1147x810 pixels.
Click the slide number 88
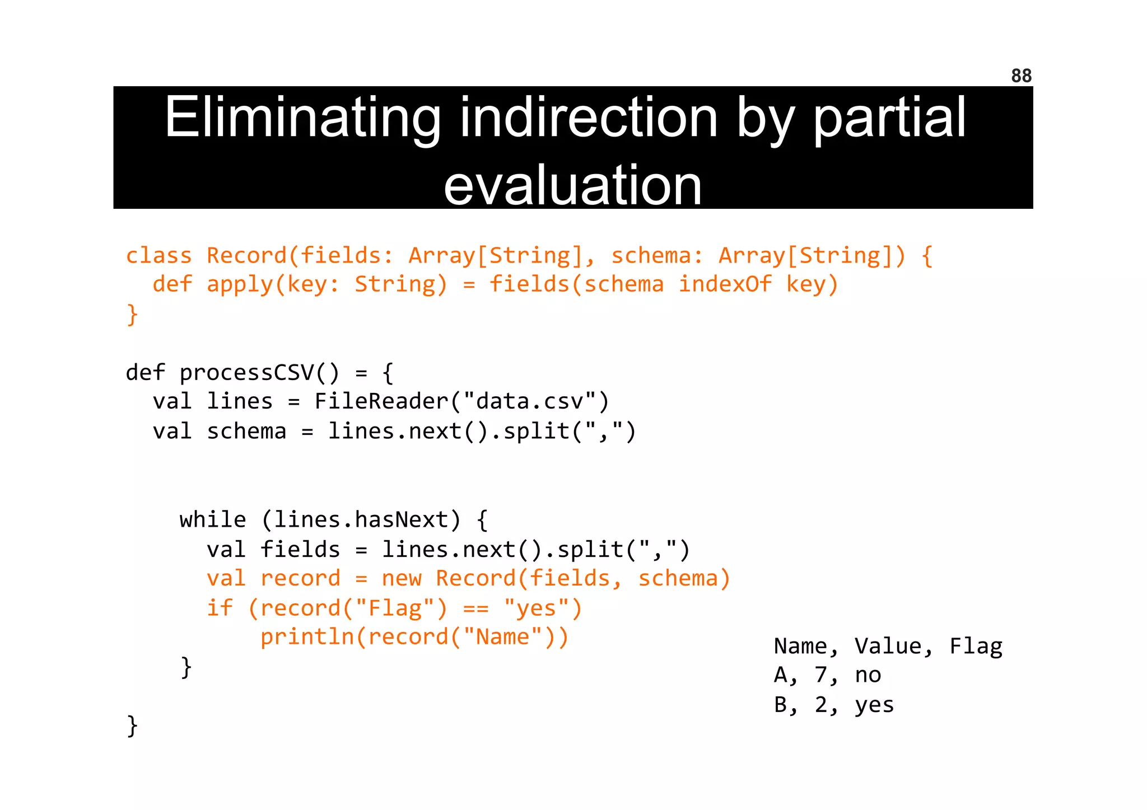pyautogui.click(x=1021, y=76)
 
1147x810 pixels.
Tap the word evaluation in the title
pyautogui.click(x=572, y=185)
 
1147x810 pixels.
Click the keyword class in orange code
pyautogui.click(x=159, y=256)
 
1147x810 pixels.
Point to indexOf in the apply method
pyautogui.click(x=725, y=284)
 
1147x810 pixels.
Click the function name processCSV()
pyautogui.click(x=259, y=373)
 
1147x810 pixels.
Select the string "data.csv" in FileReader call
pyautogui.click(x=529, y=402)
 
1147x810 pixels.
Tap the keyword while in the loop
pyautogui.click(x=213, y=520)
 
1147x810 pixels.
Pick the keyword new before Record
pyautogui.click(x=402, y=579)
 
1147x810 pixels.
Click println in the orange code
pyautogui.click(x=307, y=638)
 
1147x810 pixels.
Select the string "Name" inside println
pyautogui.click(x=502, y=638)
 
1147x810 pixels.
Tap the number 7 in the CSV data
pyautogui.click(x=821, y=676)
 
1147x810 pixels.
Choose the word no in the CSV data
pyautogui.click(x=868, y=676)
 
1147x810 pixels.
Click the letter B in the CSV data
pyautogui.click(x=781, y=705)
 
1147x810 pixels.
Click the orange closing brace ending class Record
pyautogui.click(x=132, y=315)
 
